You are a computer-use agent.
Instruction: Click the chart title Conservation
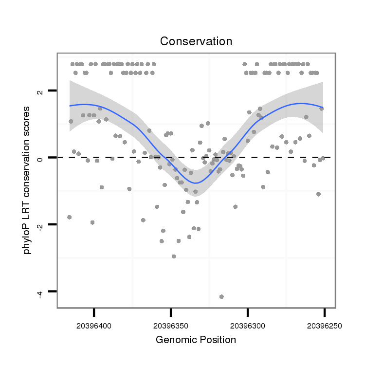point(196,41)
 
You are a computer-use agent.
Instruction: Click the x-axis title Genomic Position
point(196,340)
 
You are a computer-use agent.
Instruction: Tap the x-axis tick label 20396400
point(94,325)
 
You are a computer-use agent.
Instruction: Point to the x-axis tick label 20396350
point(171,325)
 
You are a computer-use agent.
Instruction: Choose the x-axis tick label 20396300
point(247,325)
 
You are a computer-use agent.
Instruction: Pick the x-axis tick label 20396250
point(324,325)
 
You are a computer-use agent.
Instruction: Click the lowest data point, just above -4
point(221,296)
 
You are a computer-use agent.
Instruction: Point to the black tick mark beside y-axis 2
point(53,91)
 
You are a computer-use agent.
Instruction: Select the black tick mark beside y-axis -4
point(53,291)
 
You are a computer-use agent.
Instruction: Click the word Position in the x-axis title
point(215,340)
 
